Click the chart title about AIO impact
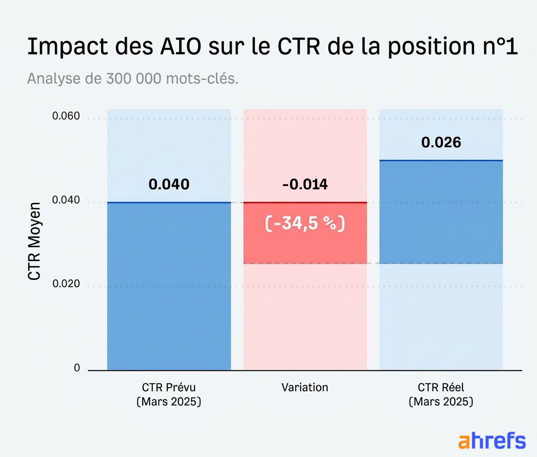[272, 47]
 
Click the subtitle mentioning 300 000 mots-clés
[133, 79]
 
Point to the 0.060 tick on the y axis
[66, 116]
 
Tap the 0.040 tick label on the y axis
[66, 201]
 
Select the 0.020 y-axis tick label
[66, 284]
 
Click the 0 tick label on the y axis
[77, 368]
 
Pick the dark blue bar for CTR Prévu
[169, 286]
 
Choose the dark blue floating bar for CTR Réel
[441, 212]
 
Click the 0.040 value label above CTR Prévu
[169, 184]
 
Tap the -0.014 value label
[305, 184]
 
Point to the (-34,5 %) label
[305, 224]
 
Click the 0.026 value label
[441, 142]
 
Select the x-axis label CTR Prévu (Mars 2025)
[169, 395]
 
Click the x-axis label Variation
[305, 388]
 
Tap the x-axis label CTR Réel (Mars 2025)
[441, 395]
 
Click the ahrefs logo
[492, 441]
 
